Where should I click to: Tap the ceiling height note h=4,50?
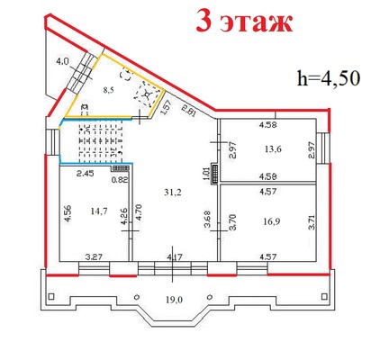click(327, 77)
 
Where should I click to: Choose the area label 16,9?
click(268, 218)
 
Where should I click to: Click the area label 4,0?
click(62, 62)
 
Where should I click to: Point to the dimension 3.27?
click(92, 257)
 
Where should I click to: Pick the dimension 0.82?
click(117, 179)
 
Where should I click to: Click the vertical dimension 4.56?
click(67, 217)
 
